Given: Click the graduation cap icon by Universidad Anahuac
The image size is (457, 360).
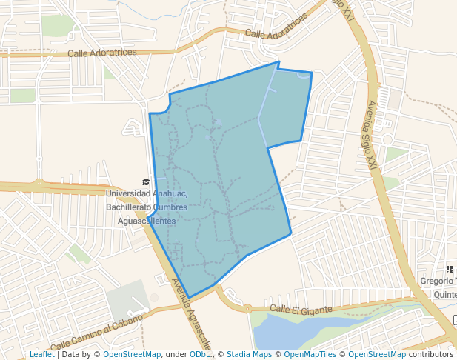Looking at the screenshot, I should tap(146, 181).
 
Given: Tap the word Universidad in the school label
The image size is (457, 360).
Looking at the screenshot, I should tap(129, 194).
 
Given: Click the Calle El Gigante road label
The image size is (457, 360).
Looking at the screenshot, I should tap(297, 308).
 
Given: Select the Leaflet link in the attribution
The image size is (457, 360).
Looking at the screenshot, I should tap(41, 355).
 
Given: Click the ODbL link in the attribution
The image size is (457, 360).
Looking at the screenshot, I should tap(200, 355).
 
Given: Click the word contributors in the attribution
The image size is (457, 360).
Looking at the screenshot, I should tap(431, 355).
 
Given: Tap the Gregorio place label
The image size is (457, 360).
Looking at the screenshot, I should tap(436, 281).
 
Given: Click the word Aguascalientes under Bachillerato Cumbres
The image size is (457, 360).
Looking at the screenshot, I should tap(141, 221).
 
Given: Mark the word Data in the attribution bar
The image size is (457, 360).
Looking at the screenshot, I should tap(73, 355).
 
